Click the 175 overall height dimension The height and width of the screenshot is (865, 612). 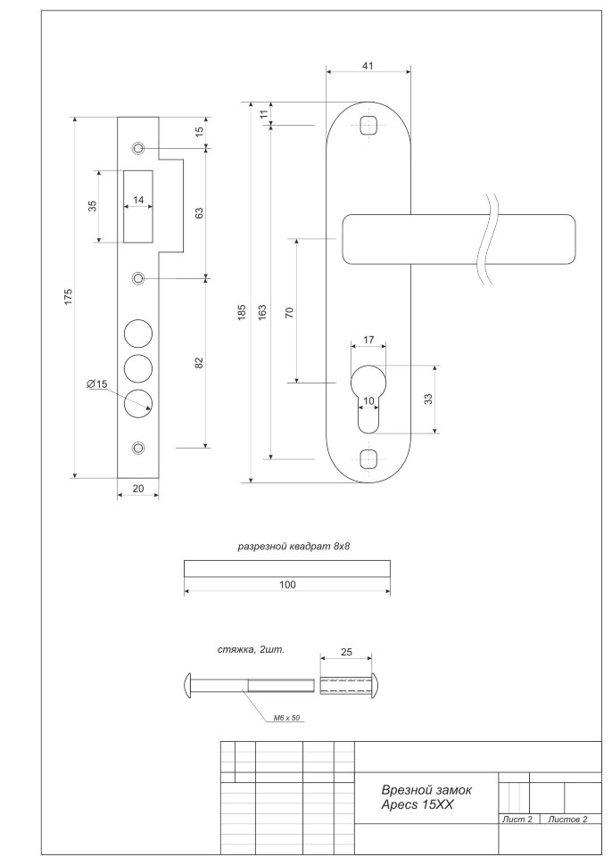tap(69, 297)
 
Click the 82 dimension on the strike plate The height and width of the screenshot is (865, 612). tap(200, 362)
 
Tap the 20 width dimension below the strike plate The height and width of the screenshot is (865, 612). tap(138, 488)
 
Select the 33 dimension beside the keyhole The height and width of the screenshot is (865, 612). tap(427, 399)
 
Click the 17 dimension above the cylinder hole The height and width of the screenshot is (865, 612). tap(368, 340)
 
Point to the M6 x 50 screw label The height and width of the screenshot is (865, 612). tap(285, 716)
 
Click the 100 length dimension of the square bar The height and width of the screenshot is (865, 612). tap(285, 585)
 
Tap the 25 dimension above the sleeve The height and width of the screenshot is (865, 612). tap(347, 653)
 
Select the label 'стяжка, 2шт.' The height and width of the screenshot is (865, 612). tap(251, 650)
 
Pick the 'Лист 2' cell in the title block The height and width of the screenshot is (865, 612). tap(517, 818)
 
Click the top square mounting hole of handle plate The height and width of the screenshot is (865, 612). tap(368, 124)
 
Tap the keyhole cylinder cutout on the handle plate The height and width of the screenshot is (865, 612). tap(368, 392)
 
